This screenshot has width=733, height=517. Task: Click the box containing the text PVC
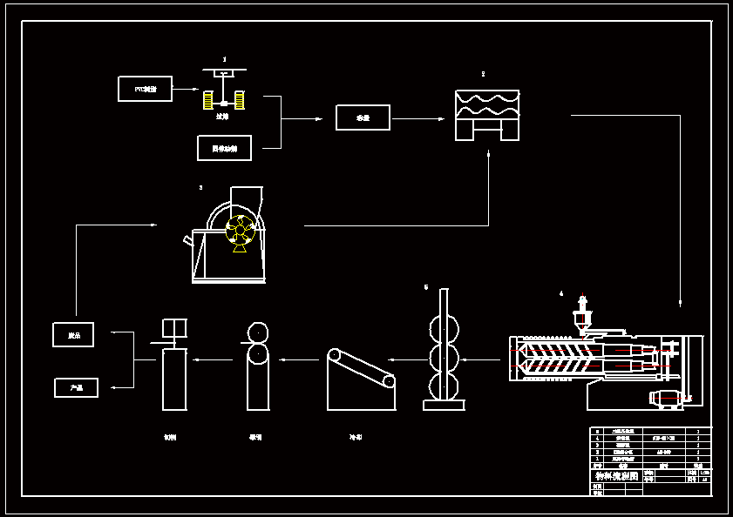pos(145,89)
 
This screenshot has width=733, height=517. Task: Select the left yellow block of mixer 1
pos(208,100)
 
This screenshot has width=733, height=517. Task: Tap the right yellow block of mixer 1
pos(239,100)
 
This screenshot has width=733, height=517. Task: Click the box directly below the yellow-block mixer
pos(224,148)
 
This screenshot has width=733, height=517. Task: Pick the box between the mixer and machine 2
pos(363,117)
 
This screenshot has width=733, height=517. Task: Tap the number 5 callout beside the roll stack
pos(426,286)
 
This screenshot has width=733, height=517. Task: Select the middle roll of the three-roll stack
pos(444,359)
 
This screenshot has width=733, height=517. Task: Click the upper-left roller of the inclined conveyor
pos(335,355)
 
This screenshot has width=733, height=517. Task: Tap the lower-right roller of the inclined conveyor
pos(389,380)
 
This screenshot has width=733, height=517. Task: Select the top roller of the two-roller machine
pos(258,332)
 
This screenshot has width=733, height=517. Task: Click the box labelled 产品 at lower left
pos(76,388)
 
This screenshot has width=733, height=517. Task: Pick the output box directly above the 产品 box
pos(73,335)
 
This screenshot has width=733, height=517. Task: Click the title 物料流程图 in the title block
pos(615,476)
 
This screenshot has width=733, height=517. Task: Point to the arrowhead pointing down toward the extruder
pos(679,303)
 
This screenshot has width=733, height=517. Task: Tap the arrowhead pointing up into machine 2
pos(488,155)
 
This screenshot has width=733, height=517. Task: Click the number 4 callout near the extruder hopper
pos(561,294)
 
